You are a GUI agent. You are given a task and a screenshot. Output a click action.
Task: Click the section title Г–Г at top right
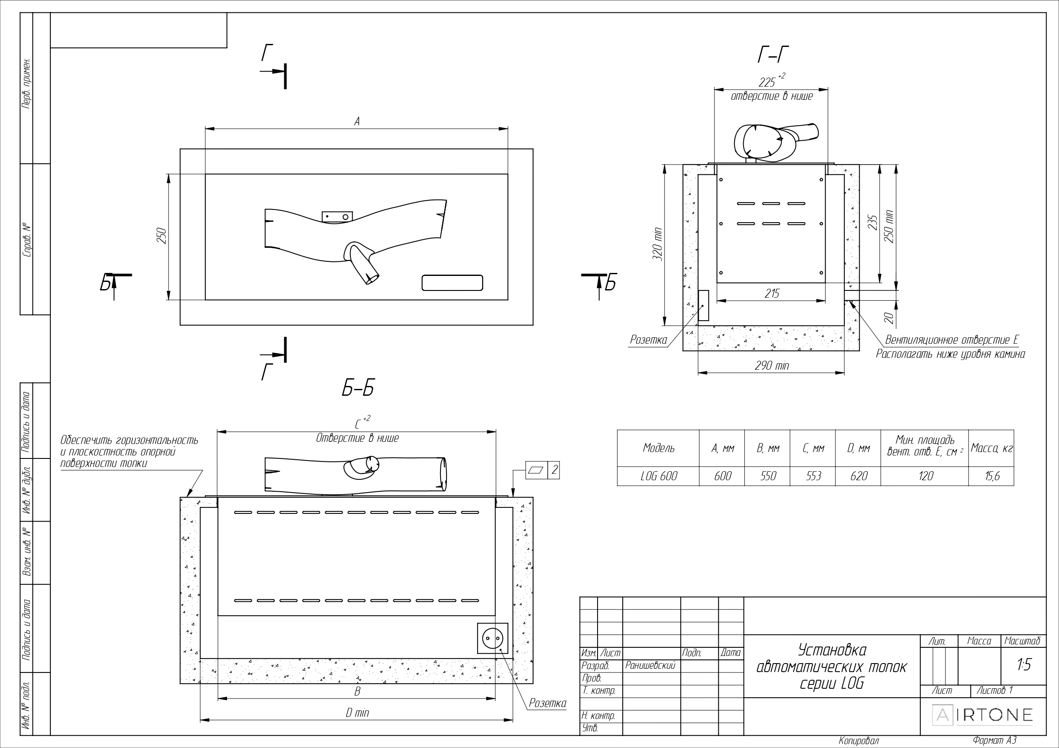pyautogui.click(x=773, y=55)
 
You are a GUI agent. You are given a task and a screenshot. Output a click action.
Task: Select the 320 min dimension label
pyautogui.click(x=657, y=245)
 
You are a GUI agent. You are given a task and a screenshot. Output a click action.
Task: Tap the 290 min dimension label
pyautogui.click(x=772, y=366)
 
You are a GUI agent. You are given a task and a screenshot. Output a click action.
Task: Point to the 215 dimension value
pyautogui.click(x=772, y=293)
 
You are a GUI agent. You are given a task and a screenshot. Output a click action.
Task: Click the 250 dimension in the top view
pyautogui.click(x=162, y=236)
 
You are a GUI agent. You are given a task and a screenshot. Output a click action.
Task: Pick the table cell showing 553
pyautogui.click(x=813, y=476)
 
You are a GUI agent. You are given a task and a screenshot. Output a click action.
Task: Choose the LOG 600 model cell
pyautogui.click(x=658, y=476)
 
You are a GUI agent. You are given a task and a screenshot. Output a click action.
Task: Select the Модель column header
pyautogui.click(x=658, y=448)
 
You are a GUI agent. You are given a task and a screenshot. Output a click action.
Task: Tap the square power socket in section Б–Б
pyautogui.click(x=493, y=638)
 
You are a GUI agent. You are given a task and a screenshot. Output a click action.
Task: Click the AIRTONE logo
pyautogui.click(x=983, y=715)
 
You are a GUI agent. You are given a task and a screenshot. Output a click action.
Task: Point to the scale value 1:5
pyautogui.click(x=1024, y=664)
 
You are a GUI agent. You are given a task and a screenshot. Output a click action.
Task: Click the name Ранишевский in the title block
pyautogui.click(x=651, y=666)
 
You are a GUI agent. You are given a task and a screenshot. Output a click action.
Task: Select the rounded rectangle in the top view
pyautogui.click(x=452, y=283)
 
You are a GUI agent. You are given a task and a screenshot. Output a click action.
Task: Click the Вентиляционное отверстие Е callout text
pyautogui.click(x=951, y=340)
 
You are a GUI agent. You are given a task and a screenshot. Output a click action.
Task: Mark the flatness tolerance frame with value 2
pyautogui.click(x=543, y=470)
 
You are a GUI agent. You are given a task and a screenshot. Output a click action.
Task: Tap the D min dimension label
pyautogui.click(x=357, y=713)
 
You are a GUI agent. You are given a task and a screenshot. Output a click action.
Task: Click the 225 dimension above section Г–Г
pyautogui.click(x=767, y=82)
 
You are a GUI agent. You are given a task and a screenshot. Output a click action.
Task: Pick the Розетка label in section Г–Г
pyautogui.click(x=648, y=340)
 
